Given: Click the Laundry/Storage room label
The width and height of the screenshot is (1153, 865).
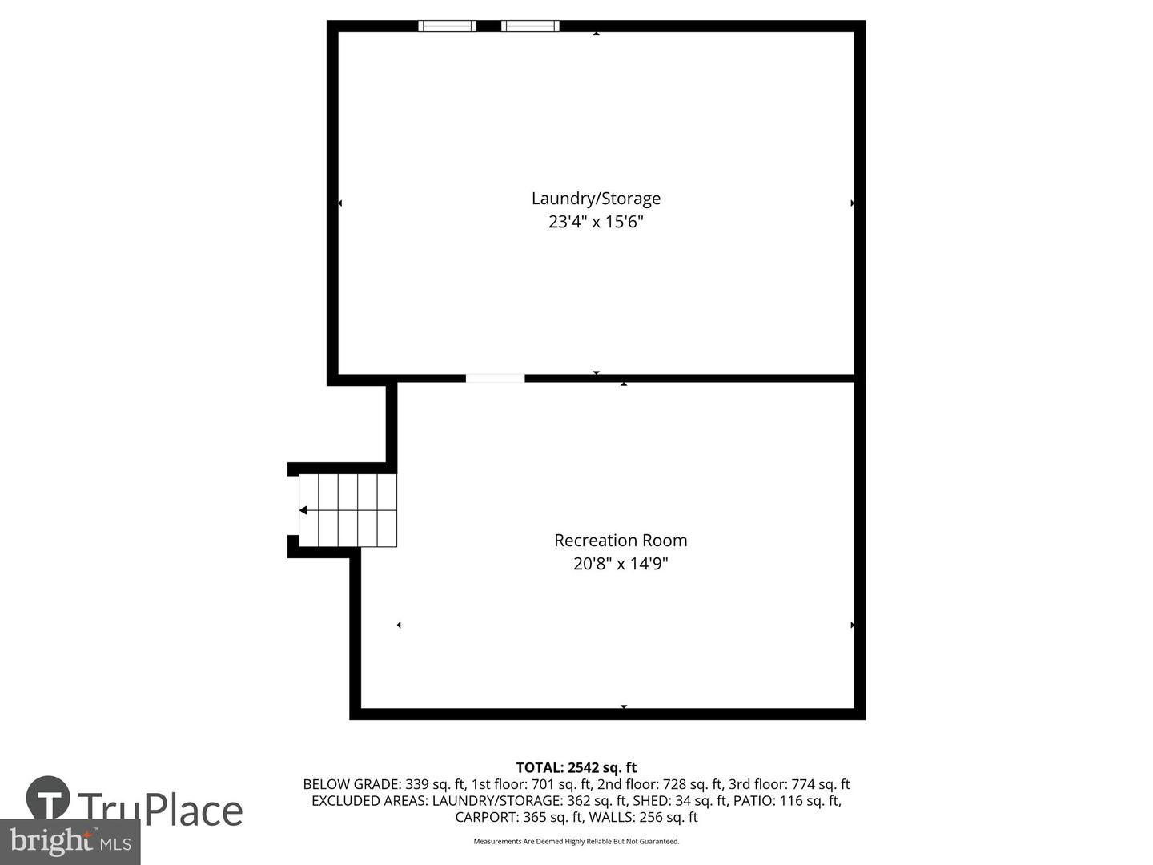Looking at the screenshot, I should pos(596,199).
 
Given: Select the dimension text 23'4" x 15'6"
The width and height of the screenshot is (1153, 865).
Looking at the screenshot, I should pos(596,222).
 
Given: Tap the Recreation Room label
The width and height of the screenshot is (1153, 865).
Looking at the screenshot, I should pos(621,541).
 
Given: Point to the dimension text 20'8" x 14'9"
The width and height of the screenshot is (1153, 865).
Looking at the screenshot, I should pos(621,564).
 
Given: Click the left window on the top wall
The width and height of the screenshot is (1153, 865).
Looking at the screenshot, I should pos(448,26).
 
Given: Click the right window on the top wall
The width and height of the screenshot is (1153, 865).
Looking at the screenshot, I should pos(530,26).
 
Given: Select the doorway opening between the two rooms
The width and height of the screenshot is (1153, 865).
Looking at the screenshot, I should pos(496,379).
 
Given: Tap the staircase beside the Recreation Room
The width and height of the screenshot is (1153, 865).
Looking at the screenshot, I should pos(349,510).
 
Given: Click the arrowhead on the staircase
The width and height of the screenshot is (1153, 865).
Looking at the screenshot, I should pos(303,510).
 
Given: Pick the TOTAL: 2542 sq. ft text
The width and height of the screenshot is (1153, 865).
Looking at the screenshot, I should pos(576,768).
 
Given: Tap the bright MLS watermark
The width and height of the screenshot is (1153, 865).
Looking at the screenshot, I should pos(70,841).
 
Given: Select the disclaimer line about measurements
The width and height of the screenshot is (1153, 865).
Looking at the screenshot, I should pos(576,842).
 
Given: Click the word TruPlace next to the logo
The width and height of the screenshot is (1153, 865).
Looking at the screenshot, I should pos(160,810).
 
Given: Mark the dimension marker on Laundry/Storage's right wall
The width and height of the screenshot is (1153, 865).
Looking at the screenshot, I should pos(852,203).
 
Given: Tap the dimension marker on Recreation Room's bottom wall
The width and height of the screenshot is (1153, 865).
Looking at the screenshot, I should pos(624,706).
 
